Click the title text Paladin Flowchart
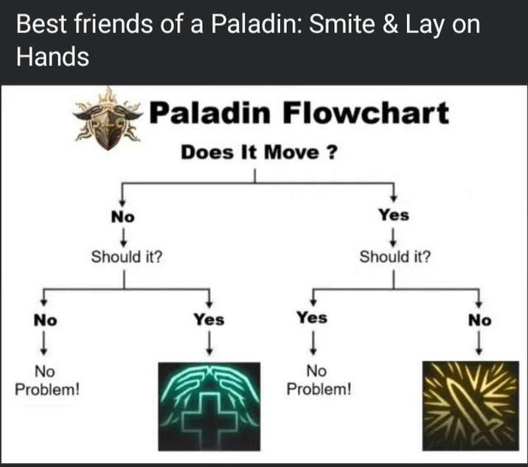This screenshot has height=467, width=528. [299, 114]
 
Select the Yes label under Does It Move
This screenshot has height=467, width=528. [393, 216]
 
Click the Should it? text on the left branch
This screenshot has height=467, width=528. [127, 258]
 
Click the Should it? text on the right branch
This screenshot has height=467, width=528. [395, 258]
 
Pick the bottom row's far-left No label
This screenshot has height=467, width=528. [45, 320]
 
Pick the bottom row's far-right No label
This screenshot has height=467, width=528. [479, 320]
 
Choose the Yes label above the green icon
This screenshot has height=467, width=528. [209, 320]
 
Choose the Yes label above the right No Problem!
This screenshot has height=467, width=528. [312, 318]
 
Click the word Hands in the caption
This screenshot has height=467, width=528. [52, 57]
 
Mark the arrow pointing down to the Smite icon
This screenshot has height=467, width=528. [479, 343]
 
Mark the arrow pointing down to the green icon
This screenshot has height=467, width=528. [211, 343]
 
